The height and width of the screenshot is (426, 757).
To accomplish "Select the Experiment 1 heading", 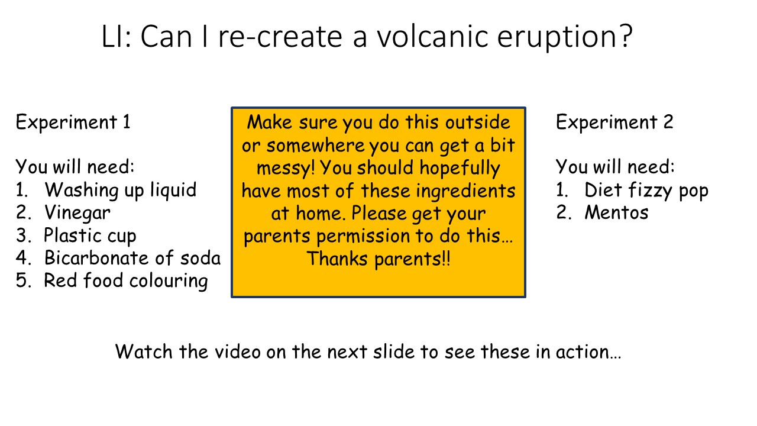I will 73,122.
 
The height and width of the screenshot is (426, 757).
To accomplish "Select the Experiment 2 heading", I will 614,122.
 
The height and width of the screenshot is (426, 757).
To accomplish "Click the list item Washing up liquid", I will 120,190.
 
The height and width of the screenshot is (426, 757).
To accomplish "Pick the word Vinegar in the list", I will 77,212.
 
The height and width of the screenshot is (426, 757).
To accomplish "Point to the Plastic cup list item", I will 90,235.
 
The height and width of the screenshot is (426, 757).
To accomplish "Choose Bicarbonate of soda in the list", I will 132,258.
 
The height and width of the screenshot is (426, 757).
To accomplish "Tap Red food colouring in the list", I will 125,280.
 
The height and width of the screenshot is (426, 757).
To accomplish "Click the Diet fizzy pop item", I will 646,190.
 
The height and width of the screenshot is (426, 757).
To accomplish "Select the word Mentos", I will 616,212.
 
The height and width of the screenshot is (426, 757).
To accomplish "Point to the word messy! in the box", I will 286,168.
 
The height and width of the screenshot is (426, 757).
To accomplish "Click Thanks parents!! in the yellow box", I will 378,259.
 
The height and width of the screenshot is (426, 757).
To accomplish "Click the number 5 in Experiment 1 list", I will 22,280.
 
